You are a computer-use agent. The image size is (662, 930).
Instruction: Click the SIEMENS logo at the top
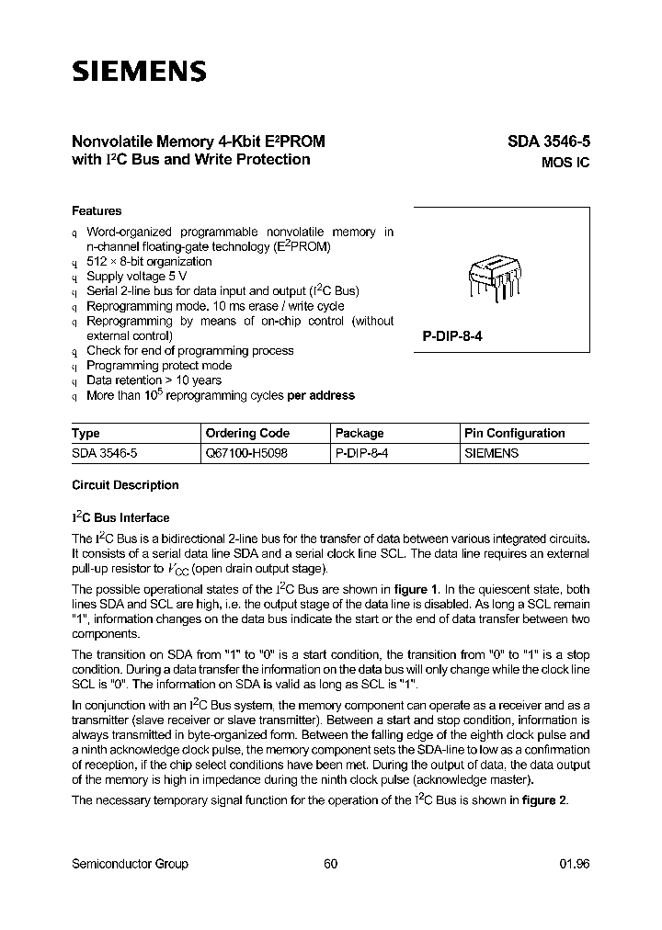139,71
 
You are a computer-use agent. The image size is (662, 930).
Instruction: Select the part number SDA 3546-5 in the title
548,142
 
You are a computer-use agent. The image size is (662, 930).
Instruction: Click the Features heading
97,210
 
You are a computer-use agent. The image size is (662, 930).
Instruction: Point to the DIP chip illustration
494,278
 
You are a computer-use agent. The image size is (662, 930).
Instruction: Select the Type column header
86,433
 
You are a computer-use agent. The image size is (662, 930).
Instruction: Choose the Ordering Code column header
247,433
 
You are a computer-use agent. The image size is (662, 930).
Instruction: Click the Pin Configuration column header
515,433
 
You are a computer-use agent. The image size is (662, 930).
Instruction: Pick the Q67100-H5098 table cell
246,453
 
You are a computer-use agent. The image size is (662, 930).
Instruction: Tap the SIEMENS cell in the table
492,453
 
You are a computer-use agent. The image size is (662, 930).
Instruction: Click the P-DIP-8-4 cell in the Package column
362,453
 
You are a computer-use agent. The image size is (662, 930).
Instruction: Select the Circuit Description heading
125,485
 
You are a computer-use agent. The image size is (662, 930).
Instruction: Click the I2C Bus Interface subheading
120,517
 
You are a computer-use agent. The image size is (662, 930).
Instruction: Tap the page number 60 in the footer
331,864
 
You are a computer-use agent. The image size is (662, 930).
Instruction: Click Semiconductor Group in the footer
130,864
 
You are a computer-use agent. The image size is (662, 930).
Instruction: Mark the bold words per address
321,395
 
